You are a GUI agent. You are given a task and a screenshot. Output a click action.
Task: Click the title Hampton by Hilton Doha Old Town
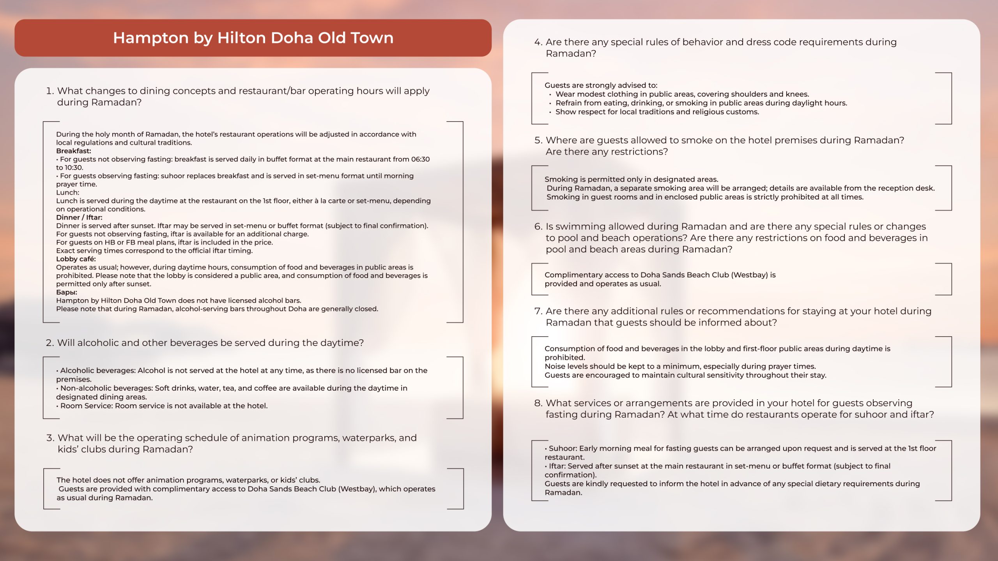[253, 38]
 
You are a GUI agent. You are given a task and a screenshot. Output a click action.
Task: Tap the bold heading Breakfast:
[73, 151]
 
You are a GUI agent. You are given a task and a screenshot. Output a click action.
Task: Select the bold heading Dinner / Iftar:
[79, 217]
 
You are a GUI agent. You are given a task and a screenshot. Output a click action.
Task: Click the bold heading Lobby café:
[76, 259]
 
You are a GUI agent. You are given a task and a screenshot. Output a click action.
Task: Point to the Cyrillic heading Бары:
[66, 292]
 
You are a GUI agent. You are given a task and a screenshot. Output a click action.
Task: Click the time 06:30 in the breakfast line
[420, 159]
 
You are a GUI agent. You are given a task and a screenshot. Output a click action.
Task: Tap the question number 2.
[50, 343]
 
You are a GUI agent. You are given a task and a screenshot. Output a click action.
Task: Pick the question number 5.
[538, 140]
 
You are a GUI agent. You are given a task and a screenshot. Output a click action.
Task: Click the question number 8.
[538, 403]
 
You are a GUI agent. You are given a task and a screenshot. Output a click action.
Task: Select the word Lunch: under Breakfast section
[67, 192]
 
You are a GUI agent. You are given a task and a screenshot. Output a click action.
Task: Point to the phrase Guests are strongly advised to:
[601, 85]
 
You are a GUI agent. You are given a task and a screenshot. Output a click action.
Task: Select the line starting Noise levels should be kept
[680, 367]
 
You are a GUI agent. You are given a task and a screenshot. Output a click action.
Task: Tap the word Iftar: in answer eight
[557, 466]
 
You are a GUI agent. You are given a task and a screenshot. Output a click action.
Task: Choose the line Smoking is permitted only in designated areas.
[631, 179]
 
